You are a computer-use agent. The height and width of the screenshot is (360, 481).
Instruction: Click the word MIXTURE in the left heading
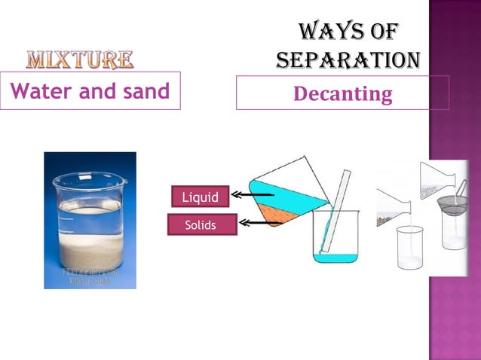click(80, 59)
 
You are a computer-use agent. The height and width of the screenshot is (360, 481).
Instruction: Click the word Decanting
click(342, 94)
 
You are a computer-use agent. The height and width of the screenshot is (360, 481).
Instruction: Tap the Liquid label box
click(200, 197)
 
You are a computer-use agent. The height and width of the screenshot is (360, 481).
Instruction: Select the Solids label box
click(200, 224)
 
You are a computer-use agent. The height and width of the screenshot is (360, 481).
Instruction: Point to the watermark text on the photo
click(90, 276)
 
